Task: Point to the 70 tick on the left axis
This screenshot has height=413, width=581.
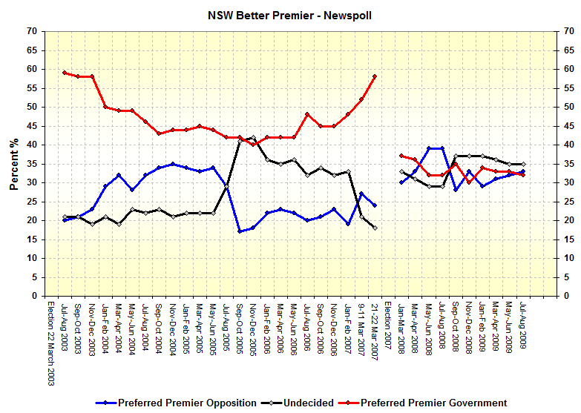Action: click(31, 31)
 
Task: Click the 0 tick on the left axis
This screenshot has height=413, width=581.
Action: click(34, 296)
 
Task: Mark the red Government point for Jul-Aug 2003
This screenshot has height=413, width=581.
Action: click(65, 73)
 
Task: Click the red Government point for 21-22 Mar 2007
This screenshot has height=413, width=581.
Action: click(375, 76)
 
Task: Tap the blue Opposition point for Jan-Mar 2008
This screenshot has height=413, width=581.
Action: click(401, 182)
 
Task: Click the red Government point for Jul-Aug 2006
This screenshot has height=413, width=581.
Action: click(307, 114)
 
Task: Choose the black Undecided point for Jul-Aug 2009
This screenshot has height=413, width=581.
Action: click(522, 164)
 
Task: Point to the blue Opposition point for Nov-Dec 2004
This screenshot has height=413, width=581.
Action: click(172, 164)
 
